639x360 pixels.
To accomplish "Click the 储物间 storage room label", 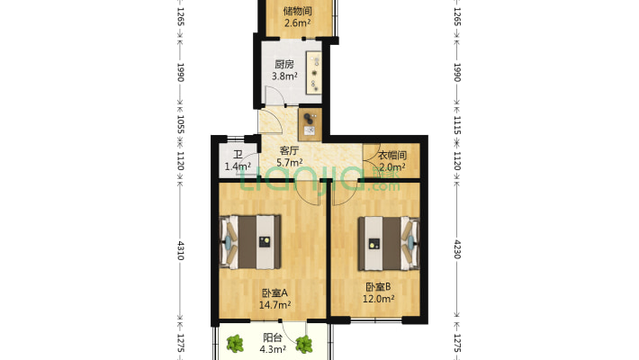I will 297,12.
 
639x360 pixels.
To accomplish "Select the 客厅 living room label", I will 288,151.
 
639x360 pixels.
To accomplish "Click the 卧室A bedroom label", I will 274,293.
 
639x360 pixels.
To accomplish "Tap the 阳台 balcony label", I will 272,338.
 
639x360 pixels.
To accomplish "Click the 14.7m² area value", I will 274,305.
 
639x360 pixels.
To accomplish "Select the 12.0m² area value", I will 378,300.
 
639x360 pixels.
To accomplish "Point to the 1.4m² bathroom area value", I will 237,166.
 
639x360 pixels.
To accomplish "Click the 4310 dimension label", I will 180,250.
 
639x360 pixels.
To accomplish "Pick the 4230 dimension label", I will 457,247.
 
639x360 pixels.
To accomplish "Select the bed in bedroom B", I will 389,241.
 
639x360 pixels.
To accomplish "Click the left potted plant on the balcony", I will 236,343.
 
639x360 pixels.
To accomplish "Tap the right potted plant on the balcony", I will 306,343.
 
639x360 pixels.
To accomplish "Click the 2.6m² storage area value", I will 297,23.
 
